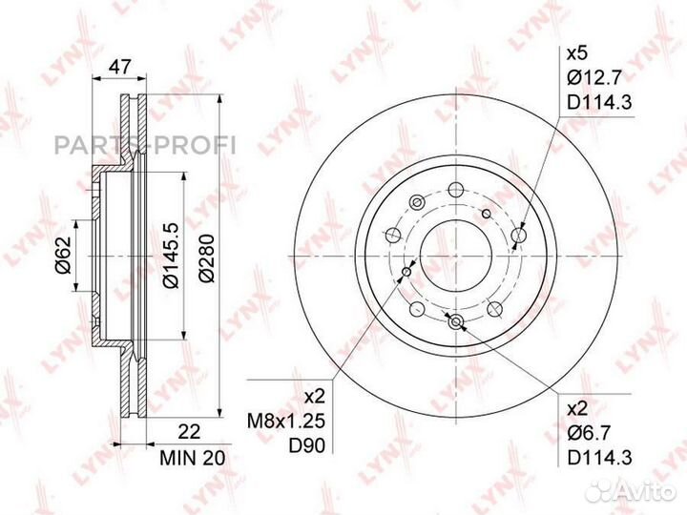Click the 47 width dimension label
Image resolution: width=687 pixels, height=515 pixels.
point(119,67)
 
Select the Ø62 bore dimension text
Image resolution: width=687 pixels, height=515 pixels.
point(63,255)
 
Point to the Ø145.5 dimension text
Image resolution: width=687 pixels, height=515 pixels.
point(171,256)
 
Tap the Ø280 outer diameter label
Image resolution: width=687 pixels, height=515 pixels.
point(207,257)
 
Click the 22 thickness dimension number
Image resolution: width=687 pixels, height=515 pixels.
point(190,432)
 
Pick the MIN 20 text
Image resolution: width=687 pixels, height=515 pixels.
point(193,458)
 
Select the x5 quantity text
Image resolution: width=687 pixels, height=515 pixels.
point(576,54)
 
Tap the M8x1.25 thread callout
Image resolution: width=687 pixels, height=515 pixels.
point(286,422)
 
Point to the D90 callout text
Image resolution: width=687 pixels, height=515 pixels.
point(306,445)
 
